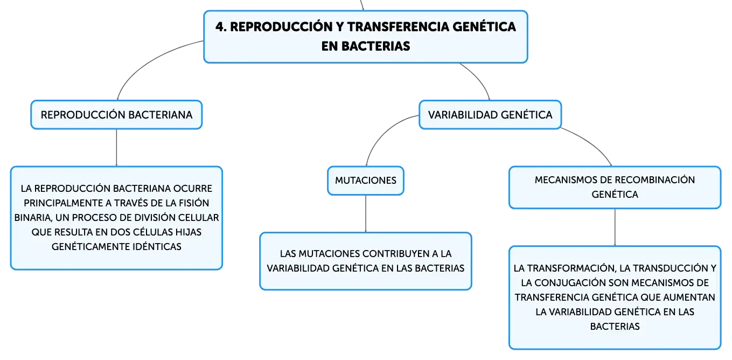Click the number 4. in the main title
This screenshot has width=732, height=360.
point(221,27)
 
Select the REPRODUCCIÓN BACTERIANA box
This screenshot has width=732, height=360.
point(116,115)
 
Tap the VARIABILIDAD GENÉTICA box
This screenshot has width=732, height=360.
point(490,115)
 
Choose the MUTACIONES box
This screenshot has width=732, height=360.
point(366,181)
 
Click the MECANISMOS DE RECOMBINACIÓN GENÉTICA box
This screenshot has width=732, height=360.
point(615,188)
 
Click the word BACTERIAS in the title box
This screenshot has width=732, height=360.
point(375,46)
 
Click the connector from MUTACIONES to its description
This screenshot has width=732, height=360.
point(366,214)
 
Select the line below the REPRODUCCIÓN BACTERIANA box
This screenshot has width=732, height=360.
point(116,148)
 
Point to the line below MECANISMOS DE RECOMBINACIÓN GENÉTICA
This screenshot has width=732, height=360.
point(615,227)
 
